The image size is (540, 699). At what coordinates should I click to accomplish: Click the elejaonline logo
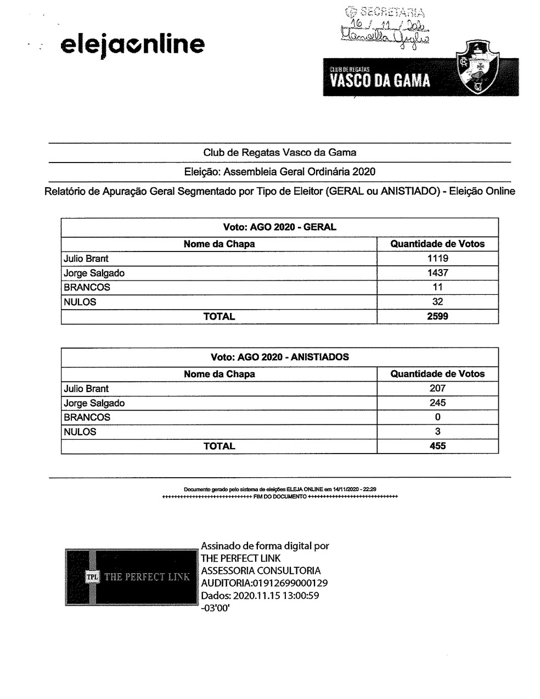(x=132, y=44)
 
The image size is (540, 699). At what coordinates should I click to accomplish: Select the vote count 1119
(x=437, y=259)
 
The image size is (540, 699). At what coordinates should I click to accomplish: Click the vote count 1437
(x=437, y=273)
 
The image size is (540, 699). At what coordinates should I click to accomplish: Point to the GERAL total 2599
(x=437, y=316)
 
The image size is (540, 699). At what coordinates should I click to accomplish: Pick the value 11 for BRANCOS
(x=437, y=287)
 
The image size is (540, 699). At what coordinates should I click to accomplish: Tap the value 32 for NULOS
(x=437, y=301)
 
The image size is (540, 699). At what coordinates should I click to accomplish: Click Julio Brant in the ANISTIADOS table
(x=86, y=389)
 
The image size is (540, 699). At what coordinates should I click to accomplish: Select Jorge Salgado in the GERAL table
(x=94, y=273)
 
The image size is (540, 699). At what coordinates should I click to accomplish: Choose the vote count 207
(x=437, y=388)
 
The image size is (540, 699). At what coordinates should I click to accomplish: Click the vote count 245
(x=437, y=402)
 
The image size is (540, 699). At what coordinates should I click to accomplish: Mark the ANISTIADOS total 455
(x=437, y=446)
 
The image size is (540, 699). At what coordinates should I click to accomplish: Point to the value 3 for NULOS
(x=437, y=432)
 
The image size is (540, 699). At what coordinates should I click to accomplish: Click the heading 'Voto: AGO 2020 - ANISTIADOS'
(x=279, y=357)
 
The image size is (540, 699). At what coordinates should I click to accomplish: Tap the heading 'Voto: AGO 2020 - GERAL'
(x=279, y=227)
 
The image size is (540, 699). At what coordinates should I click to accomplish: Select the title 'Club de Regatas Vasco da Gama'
(x=279, y=153)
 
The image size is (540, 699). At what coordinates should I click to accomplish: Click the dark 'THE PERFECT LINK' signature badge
(x=131, y=577)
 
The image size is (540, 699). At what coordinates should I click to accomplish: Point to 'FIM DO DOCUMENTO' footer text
(x=280, y=497)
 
